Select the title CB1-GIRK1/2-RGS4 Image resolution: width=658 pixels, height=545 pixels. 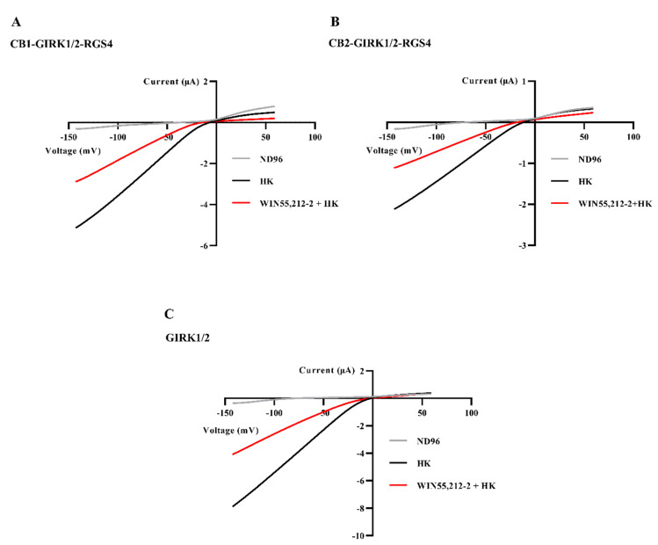pos(61,42)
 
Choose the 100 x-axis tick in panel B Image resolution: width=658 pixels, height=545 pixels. pos(633,138)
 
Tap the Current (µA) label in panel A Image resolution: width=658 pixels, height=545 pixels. pos(170,82)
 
